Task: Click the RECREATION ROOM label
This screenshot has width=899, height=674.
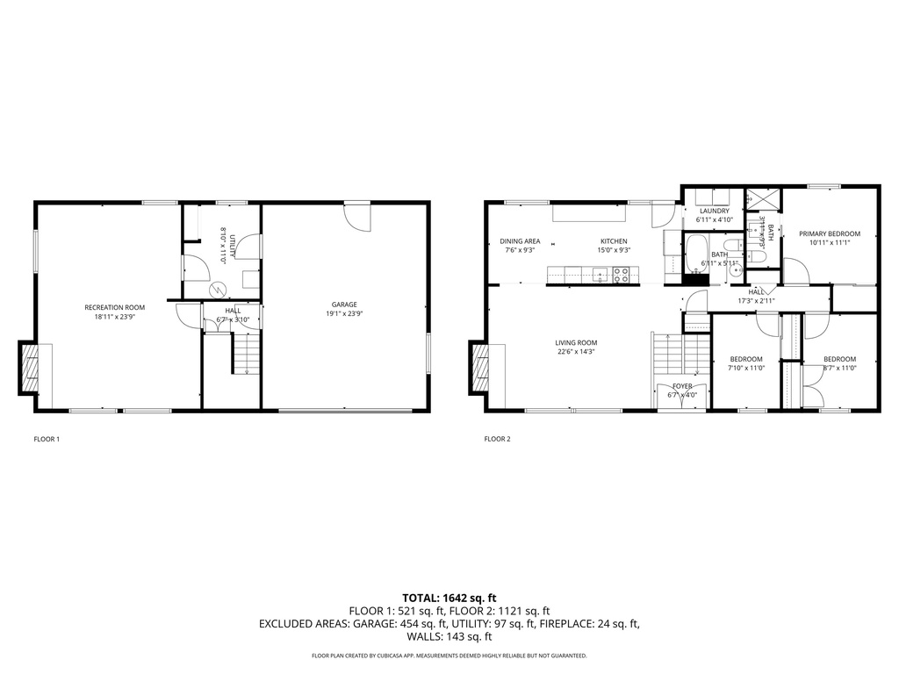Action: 114,307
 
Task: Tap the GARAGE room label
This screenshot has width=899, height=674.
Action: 344,305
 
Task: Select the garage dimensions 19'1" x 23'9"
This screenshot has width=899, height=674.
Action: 344,314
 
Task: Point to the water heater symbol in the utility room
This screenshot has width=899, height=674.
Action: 215,290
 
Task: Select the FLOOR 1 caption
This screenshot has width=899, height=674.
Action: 47,439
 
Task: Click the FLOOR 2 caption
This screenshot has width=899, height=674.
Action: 497,439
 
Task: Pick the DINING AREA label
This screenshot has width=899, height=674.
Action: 520,241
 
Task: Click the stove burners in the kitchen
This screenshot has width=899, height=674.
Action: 621,276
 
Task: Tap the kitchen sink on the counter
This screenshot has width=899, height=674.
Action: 599,276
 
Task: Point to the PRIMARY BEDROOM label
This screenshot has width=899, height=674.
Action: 829,233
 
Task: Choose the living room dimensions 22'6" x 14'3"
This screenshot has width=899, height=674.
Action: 576,352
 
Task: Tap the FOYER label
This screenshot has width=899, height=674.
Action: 682,386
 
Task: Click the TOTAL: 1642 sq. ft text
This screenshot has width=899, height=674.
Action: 449,598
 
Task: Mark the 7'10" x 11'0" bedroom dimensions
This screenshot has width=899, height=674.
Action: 746,368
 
